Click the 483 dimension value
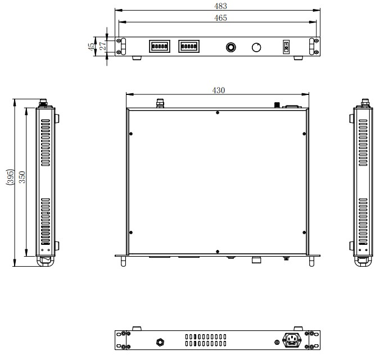220,6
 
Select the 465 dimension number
220,18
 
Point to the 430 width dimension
219,90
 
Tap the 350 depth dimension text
22,177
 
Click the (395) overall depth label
10,177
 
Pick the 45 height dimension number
91,47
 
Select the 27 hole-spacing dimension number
102,46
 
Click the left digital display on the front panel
160,47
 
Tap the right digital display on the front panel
189,47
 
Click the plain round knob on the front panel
256,47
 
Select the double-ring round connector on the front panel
231,47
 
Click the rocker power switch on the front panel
286,47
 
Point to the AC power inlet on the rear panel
292,340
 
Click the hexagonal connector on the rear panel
161,343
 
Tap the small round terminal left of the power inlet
277,343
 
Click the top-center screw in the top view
218,112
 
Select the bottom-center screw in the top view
218,252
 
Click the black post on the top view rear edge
277,105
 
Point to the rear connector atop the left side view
43,103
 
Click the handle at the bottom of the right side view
363,261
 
